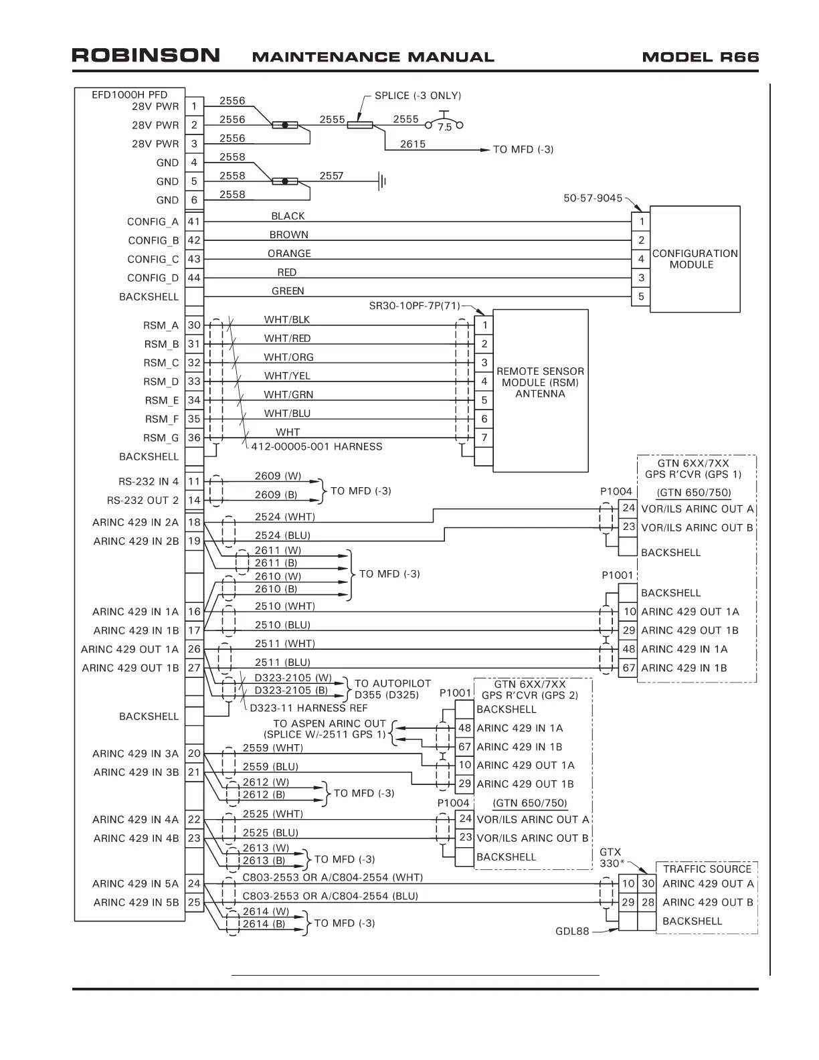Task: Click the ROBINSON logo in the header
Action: point(145,56)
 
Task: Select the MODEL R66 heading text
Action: point(700,57)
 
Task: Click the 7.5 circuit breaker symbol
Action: point(444,124)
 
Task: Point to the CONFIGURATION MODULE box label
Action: point(695,259)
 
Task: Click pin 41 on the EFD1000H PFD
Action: point(194,222)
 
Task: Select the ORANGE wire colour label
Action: point(289,254)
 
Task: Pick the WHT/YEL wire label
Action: point(287,376)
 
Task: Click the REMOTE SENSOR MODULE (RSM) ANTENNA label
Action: point(540,382)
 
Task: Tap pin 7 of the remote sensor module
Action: point(484,438)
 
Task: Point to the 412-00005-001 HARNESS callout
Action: point(316,447)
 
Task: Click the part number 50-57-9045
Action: point(592,199)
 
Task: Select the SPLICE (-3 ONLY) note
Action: point(418,96)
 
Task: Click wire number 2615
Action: point(412,144)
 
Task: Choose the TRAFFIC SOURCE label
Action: point(707,869)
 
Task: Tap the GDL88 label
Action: point(572,931)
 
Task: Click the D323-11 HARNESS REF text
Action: point(308,708)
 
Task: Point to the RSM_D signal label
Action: point(162,382)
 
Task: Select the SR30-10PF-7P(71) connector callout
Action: point(414,306)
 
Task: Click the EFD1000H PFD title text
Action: point(130,95)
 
